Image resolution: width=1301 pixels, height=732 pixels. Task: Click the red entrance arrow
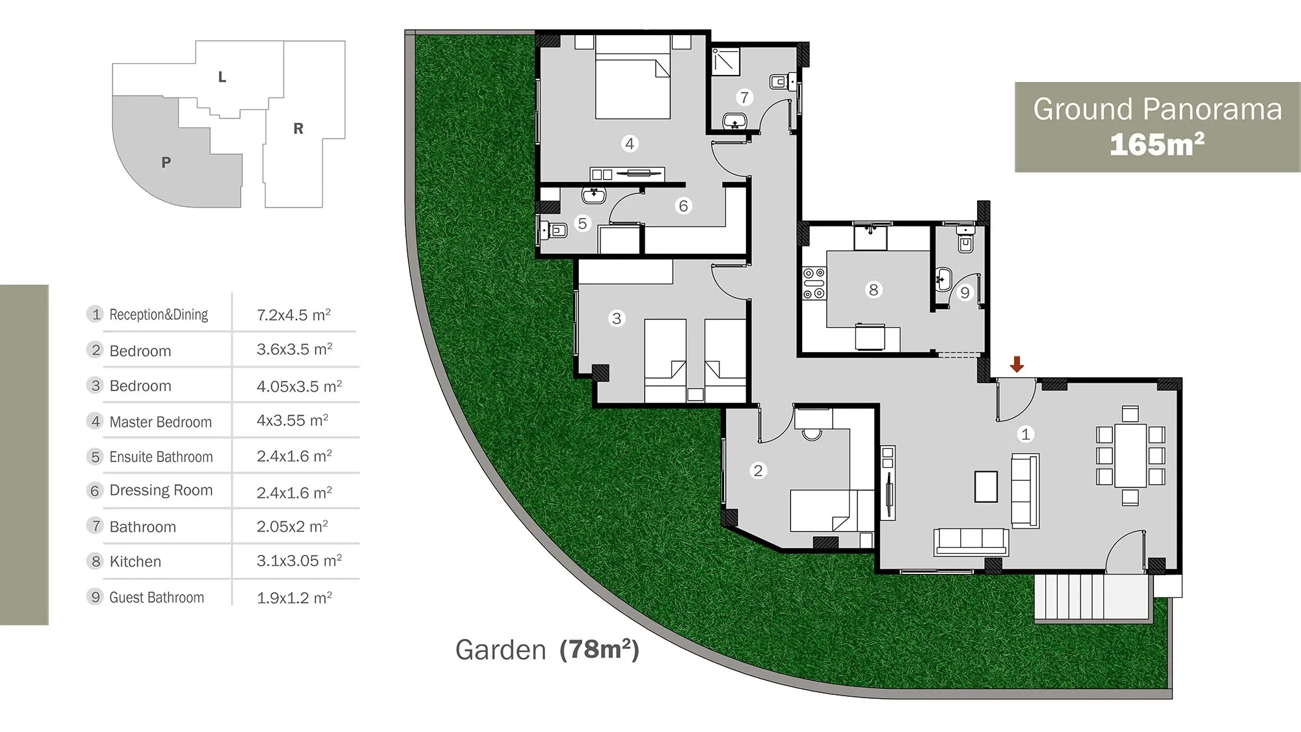[1017, 364]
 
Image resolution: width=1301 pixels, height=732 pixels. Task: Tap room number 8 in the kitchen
[874, 290]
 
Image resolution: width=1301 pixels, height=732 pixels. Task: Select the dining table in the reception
[1131, 455]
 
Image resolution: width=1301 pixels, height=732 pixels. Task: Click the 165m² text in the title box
[1157, 144]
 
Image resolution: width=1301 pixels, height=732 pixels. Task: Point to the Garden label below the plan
[501, 650]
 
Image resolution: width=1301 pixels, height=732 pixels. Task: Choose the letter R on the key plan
[298, 129]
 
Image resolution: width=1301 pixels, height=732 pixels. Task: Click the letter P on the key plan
[167, 162]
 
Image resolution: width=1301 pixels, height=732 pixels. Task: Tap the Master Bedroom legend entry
[161, 422]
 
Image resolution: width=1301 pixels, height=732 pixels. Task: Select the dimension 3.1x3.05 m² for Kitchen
[299, 560]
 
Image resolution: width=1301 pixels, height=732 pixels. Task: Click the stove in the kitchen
[813, 283]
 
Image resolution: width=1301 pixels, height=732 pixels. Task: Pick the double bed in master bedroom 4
[633, 77]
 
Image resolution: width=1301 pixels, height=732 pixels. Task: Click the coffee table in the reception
[986, 487]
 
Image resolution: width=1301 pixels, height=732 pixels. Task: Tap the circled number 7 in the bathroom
[745, 98]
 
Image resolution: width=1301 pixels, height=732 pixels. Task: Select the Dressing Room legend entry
[161, 490]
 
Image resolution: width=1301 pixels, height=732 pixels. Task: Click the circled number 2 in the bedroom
[758, 470]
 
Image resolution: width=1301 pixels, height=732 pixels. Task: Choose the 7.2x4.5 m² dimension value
[294, 315]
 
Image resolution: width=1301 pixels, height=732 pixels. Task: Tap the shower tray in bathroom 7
[726, 62]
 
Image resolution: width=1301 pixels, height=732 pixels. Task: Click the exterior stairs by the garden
[1091, 597]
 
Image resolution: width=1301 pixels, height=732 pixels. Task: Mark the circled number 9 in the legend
[96, 597]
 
